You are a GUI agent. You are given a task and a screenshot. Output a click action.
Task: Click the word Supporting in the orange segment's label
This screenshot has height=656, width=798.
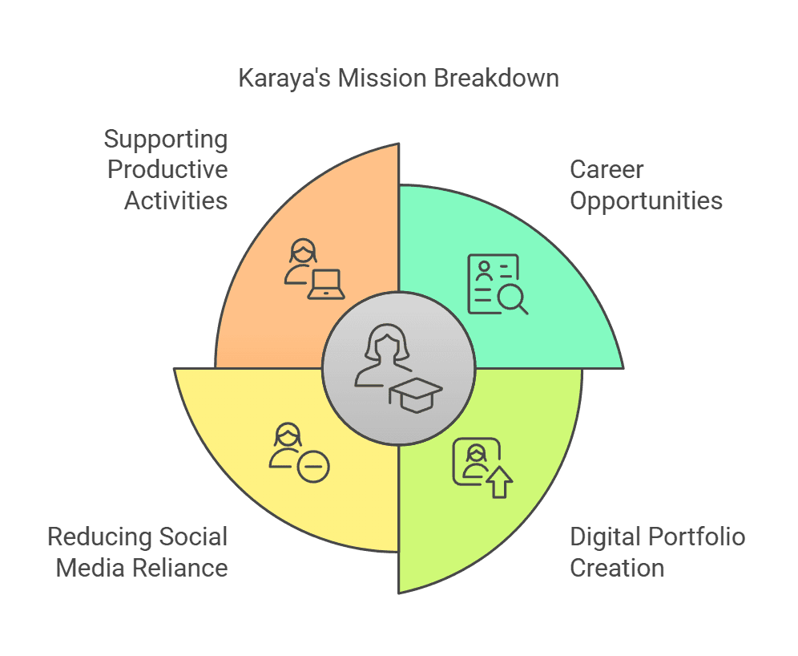[x=166, y=140]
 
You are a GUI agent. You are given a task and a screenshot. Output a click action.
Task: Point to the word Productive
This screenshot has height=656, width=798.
[x=167, y=169]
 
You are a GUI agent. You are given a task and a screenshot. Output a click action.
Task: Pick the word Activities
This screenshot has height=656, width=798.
[x=176, y=200]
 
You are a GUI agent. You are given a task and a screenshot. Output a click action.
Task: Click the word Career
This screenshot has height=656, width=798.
[x=607, y=169]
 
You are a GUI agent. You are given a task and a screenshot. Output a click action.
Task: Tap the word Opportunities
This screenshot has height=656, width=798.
[x=647, y=201]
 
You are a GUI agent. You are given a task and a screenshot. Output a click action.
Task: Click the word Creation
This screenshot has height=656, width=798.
[x=617, y=568]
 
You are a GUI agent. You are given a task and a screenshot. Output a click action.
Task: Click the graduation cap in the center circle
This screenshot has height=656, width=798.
[x=416, y=395]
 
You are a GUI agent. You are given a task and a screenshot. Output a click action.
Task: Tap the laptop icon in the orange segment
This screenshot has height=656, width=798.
[x=326, y=284]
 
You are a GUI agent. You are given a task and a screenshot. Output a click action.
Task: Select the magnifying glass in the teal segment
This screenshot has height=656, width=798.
[x=513, y=299]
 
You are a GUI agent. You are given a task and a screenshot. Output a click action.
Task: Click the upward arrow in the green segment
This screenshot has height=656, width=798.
[x=500, y=482]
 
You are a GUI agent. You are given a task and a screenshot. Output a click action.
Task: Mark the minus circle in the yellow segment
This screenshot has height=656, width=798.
[x=313, y=467]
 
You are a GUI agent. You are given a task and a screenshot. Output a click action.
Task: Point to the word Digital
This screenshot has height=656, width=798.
[x=606, y=538]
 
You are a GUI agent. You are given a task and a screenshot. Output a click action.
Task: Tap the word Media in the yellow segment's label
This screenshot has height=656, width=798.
[x=91, y=568]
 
